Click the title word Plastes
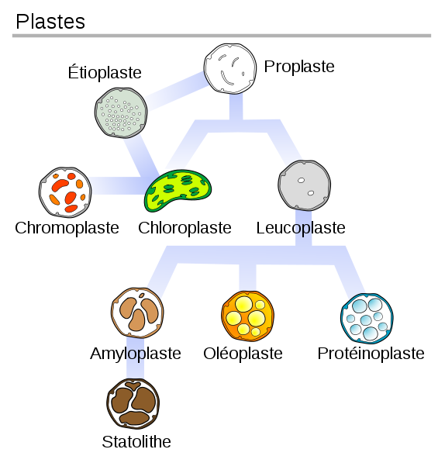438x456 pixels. click(x=50, y=22)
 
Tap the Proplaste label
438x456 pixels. click(x=299, y=67)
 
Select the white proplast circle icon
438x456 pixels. click(x=230, y=68)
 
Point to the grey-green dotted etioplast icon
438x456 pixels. click(x=121, y=112)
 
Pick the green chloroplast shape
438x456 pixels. click(x=178, y=190)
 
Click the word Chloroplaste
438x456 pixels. click(x=185, y=228)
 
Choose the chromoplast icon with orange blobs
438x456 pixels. click(x=65, y=192)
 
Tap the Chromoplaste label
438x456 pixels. click(x=67, y=228)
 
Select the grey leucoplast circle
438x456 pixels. click(x=305, y=185)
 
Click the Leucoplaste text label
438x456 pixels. click(x=301, y=228)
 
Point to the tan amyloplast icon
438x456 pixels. click(x=137, y=313)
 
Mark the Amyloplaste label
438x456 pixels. click(x=136, y=354)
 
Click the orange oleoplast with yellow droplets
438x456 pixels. click(x=247, y=316)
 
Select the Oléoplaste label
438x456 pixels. click(x=243, y=354)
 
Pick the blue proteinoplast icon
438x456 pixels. click(x=367, y=319)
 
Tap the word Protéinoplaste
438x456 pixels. click(x=371, y=354)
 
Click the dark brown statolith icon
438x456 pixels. click(x=133, y=403)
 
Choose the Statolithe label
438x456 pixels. click(x=136, y=442)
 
